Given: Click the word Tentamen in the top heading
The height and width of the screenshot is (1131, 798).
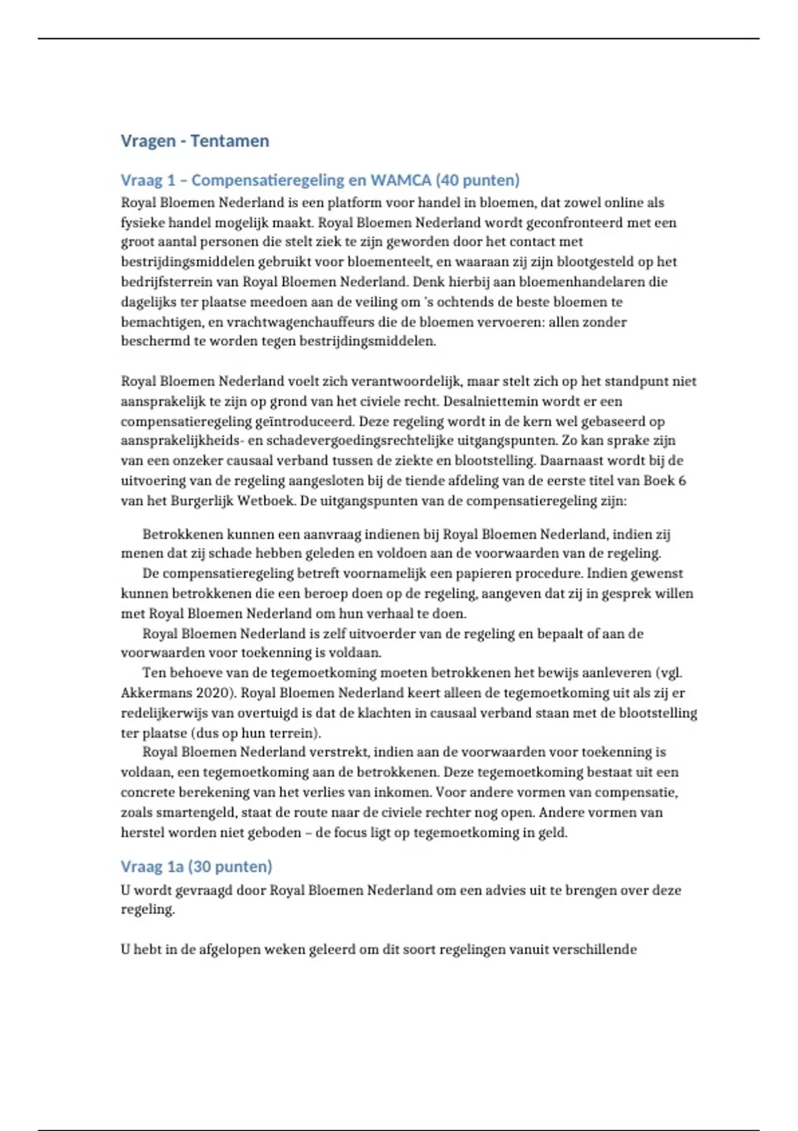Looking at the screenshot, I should pos(229,141).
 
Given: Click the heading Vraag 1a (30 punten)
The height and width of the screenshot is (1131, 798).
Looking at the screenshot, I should pos(196,866).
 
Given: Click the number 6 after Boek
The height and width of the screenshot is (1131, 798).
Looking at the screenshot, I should pos(682,480).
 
